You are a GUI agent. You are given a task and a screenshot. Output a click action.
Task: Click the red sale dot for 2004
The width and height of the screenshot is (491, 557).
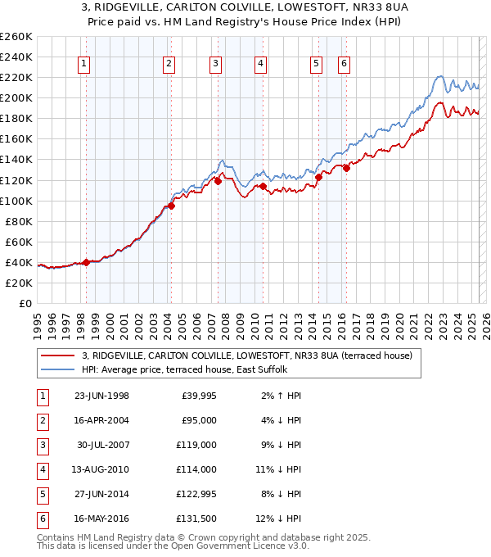172,205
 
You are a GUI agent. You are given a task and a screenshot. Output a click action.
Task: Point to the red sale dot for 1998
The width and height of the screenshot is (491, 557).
87,262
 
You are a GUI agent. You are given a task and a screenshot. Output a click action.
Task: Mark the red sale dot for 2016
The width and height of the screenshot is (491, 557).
346,168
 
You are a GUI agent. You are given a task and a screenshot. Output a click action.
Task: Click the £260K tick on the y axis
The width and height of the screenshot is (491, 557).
16,37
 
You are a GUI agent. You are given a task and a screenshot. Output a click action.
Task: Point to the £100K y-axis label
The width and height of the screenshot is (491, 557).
16,201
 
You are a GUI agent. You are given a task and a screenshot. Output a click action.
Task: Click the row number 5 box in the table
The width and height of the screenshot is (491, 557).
43,495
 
